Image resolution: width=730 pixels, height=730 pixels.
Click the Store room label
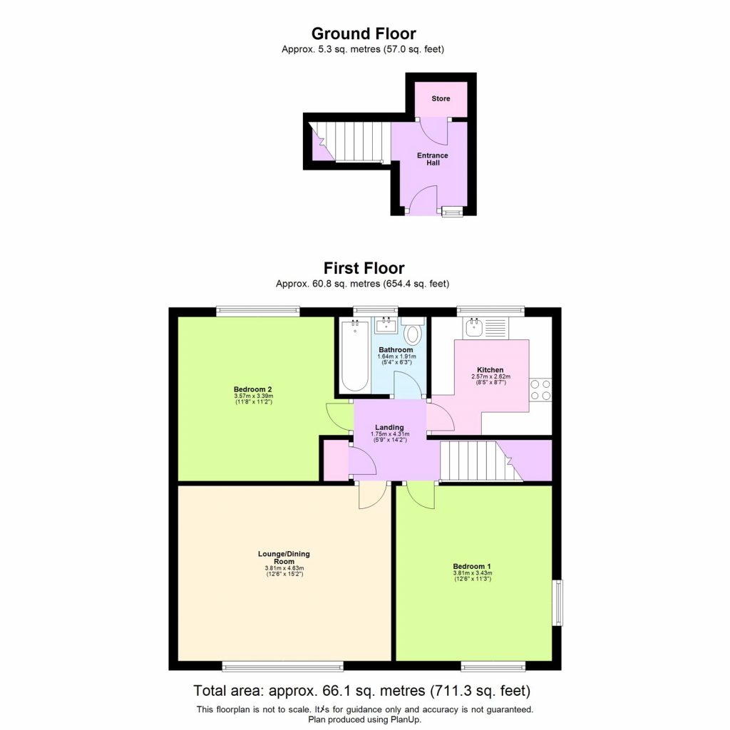pyautogui.click(x=441, y=98)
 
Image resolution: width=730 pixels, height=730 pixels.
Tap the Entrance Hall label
pyautogui.click(x=433, y=159)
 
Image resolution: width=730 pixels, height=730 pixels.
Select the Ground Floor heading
pyautogui.click(x=364, y=34)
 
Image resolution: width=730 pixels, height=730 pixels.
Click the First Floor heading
pyautogui.click(x=364, y=268)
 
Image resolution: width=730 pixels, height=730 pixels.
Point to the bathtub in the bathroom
pyautogui.click(x=354, y=356)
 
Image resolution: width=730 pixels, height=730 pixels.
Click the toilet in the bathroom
pyautogui.click(x=413, y=334)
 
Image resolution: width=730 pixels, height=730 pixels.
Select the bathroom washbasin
pyautogui.click(x=386, y=325)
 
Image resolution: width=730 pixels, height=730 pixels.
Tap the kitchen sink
pyautogui.click(x=475, y=328)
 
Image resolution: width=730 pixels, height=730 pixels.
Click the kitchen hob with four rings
pyautogui.click(x=540, y=390)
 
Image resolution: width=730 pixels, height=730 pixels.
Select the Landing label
pyautogui.click(x=389, y=428)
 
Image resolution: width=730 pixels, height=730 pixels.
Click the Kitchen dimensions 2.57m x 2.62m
pyautogui.click(x=490, y=376)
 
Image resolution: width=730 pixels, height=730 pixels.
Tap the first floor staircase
pyautogui.click(x=474, y=462)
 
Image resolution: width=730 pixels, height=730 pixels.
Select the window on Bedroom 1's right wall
pyautogui.click(x=559, y=603)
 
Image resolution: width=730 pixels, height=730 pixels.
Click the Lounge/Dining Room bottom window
pyautogui.click(x=282, y=667)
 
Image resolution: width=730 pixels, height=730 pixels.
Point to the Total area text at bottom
pyautogui.click(x=362, y=691)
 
